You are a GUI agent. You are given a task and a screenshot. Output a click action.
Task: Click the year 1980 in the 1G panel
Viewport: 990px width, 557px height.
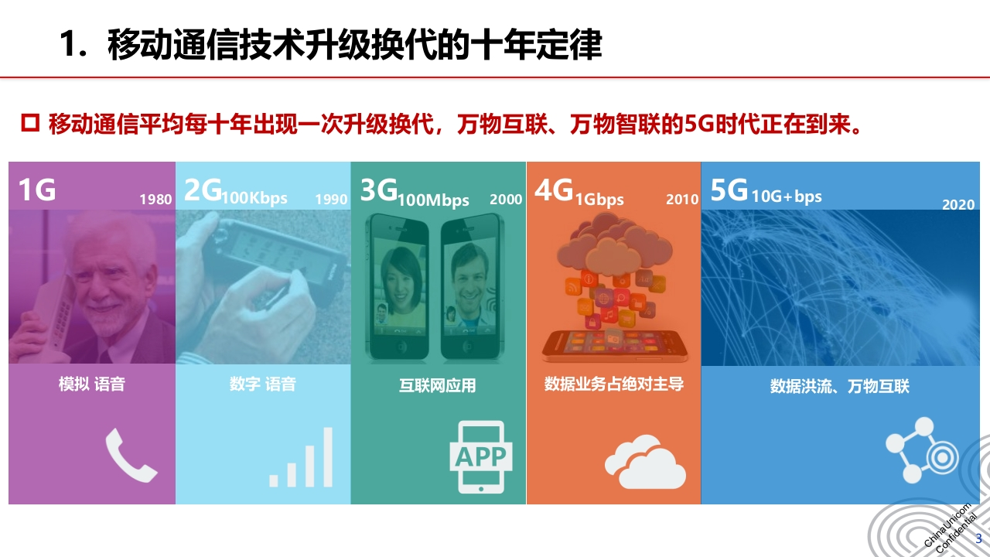pos(155,200)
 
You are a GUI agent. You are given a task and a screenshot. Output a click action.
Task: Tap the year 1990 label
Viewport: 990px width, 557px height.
pos(331,200)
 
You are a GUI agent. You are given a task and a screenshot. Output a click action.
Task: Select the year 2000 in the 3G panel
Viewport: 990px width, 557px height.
pos(506,200)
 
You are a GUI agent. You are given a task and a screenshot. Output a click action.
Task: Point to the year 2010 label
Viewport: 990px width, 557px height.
pos(682,200)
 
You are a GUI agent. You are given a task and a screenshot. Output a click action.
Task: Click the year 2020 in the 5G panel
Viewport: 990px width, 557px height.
pos(958,205)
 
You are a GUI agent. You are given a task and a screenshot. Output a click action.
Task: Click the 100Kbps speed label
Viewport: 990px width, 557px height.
pos(254,198)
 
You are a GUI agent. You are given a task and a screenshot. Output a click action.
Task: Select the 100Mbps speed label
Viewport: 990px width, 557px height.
pos(433,200)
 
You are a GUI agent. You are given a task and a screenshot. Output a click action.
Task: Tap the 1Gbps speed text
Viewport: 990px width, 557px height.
pos(599,200)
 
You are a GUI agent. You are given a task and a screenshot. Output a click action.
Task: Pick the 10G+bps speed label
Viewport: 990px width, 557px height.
pos(787,196)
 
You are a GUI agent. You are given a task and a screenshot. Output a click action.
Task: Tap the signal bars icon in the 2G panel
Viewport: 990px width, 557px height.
pos(301,457)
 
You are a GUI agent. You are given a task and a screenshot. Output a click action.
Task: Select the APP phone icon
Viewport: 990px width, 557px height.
pos(481,456)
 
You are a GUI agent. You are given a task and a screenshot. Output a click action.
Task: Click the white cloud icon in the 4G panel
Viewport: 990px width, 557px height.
pos(645,462)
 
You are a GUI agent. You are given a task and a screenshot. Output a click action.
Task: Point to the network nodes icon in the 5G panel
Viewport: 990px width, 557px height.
pos(922,450)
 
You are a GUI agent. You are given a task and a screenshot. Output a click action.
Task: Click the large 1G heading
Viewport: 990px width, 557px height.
pos(37,190)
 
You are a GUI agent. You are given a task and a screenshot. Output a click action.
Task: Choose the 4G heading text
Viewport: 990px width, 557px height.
pos(554,190)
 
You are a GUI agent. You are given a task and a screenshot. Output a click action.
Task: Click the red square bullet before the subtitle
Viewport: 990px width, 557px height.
pos(30,123)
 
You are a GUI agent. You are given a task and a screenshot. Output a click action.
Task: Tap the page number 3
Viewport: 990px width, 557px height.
pos(978,538)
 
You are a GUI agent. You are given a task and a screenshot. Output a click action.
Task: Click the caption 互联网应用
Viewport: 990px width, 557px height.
pos(438,385)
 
